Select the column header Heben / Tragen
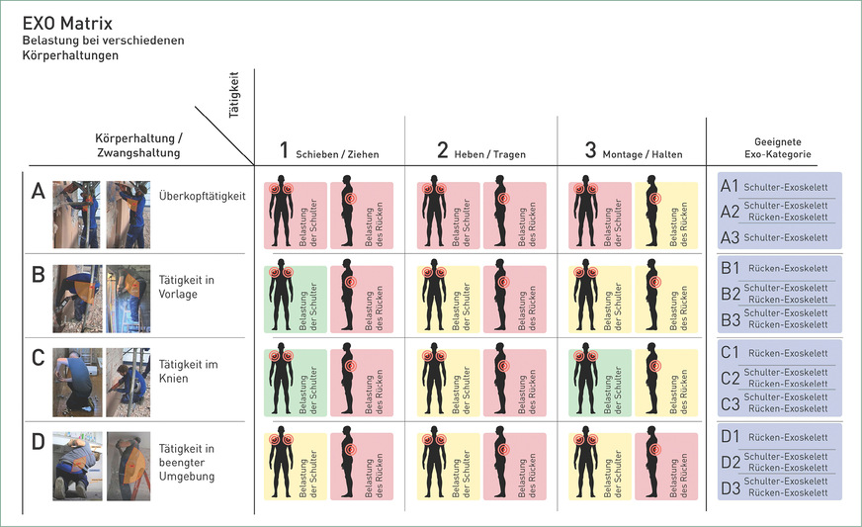point(481,151)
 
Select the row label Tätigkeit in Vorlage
point(188,287)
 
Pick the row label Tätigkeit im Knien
point(188,372)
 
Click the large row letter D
point(39,442)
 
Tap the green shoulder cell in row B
point(294,299)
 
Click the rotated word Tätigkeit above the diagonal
point(235,93)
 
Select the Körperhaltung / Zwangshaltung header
point(137,145)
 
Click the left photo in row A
point(74,214)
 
